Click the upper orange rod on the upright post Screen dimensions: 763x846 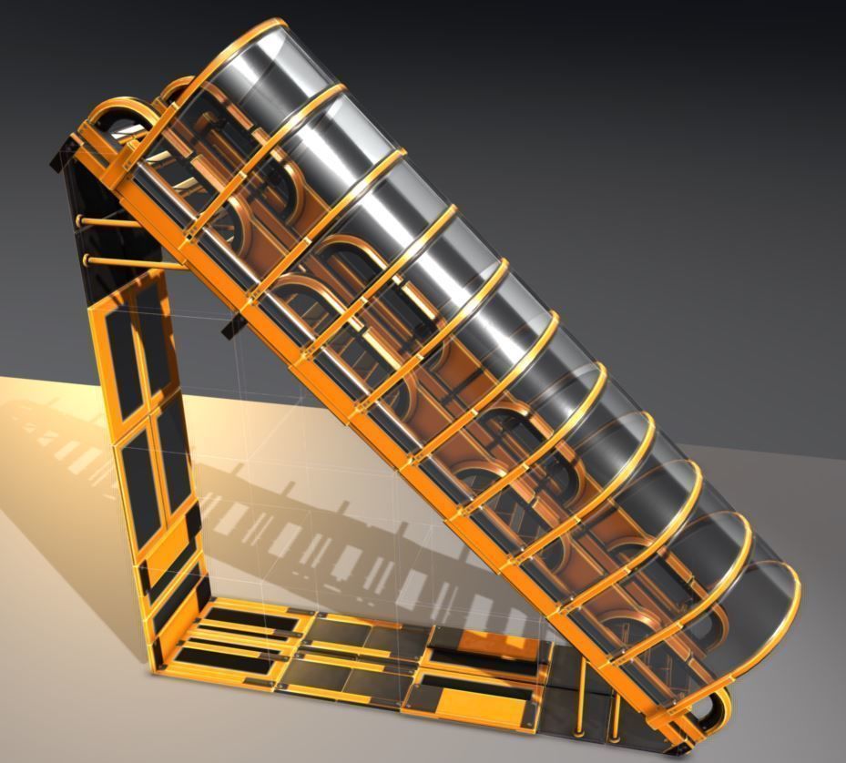[x=107, y=221]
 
